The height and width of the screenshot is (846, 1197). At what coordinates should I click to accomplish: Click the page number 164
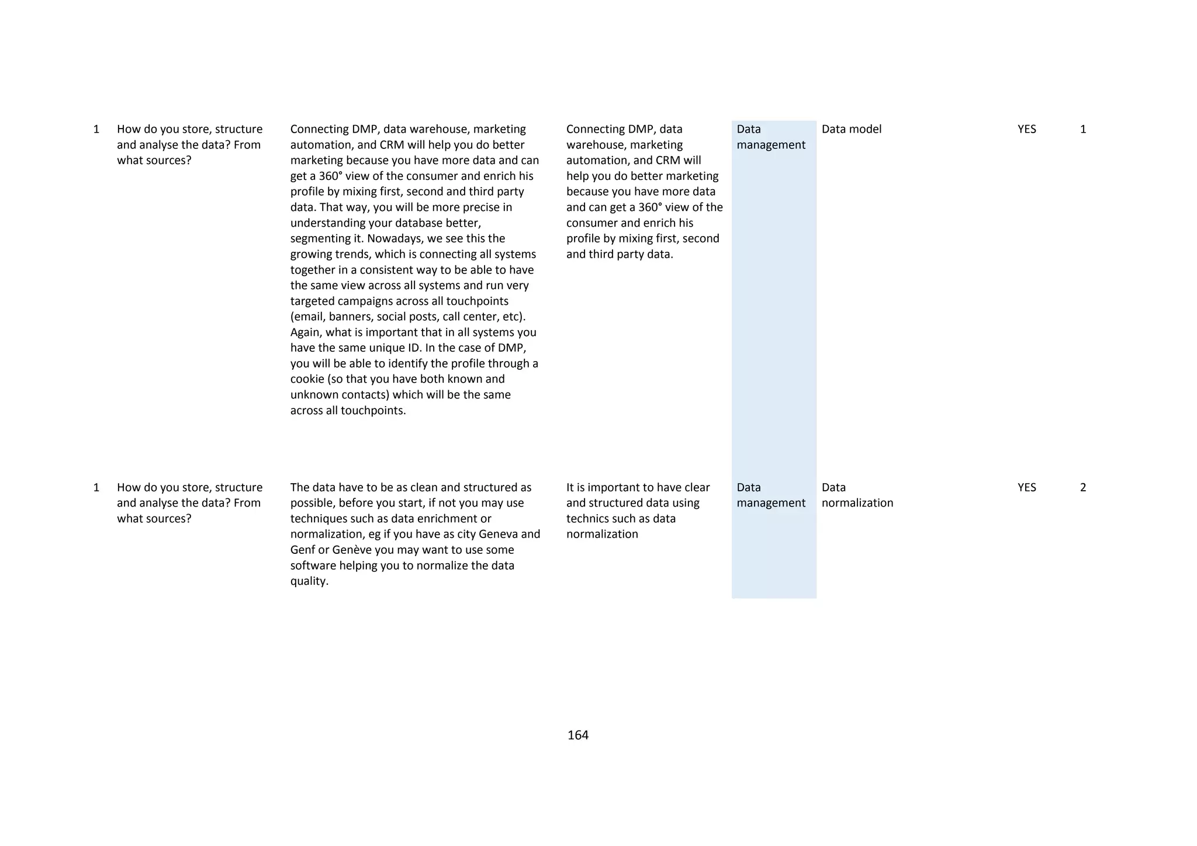click(x=577, y=735)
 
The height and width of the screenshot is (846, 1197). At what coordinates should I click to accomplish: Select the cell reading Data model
click(x=851, y=129)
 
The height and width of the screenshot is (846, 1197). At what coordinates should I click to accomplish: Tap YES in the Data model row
click(x=1026, y=129)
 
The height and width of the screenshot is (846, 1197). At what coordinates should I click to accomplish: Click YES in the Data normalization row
click(x=1026, y=487)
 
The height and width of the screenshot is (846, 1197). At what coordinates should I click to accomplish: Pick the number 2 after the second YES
click(x=1082, y=487)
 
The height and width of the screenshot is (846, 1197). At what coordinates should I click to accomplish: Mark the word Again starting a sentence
click(x=306, y=332)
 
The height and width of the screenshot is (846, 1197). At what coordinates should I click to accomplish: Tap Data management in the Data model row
click(x=770, y=137)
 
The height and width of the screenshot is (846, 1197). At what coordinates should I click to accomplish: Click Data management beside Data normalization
click(x=770, y=495)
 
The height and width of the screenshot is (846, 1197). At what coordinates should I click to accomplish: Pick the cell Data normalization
click(x=857, y=495)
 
